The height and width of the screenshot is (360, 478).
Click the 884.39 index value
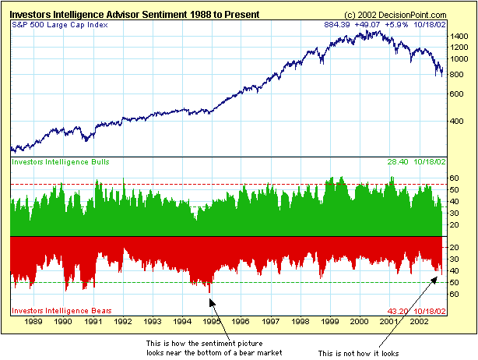tap(339, 25)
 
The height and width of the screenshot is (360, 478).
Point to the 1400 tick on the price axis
tap(460, 36)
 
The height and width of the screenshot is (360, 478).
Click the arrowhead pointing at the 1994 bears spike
tap(210, 297)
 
